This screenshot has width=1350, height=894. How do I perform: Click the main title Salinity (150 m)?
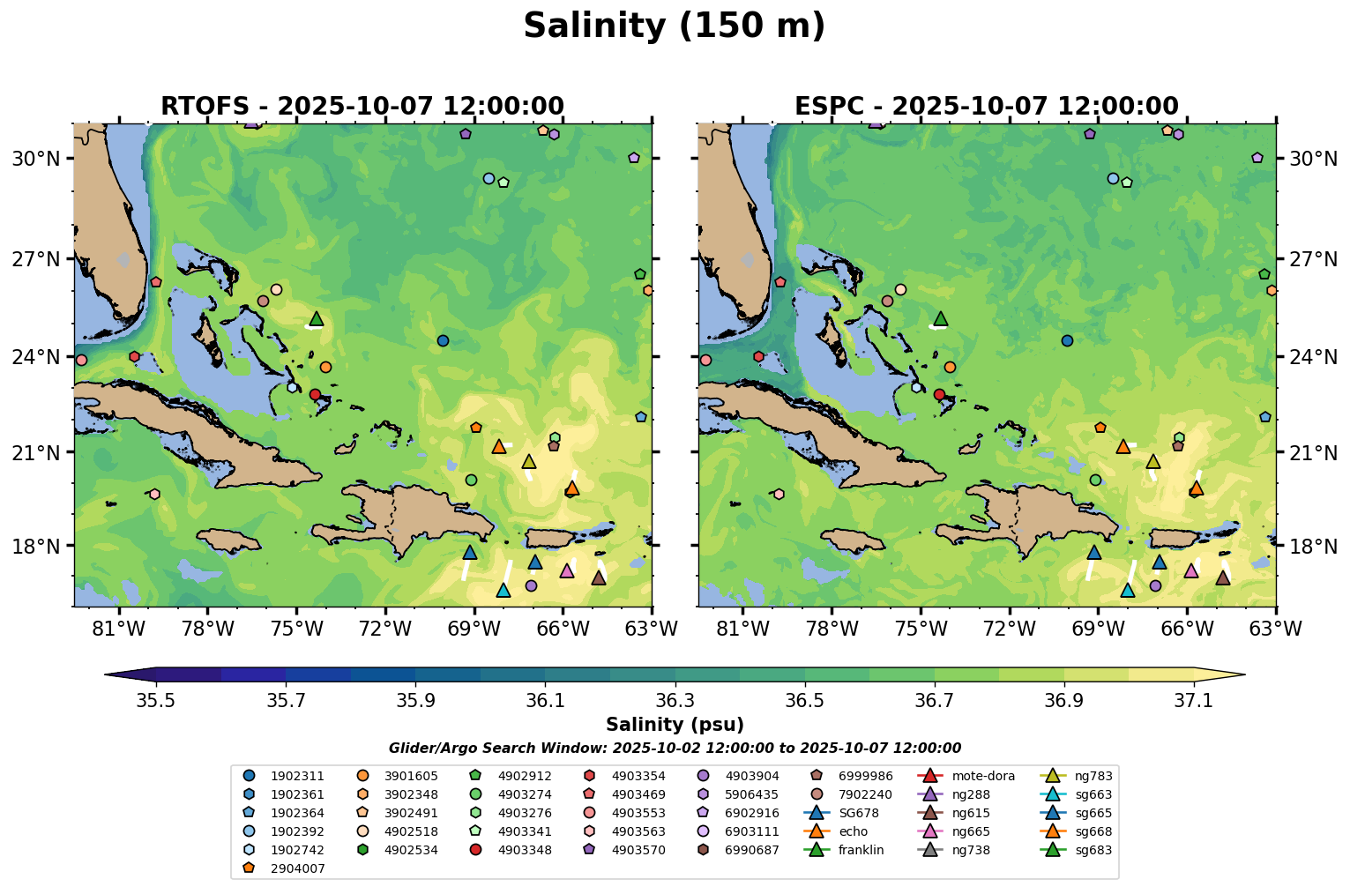674,26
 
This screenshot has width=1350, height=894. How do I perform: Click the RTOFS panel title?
362,107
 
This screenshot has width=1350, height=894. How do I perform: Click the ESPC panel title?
986,107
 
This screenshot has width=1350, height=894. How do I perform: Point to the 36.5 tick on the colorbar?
804,700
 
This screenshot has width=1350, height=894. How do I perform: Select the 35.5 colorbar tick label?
156,700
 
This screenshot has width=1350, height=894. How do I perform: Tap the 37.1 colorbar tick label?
1194,700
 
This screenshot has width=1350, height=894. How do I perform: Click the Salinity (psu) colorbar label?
675,725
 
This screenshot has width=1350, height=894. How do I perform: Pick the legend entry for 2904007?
297,868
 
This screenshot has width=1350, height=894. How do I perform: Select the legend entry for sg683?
1093,851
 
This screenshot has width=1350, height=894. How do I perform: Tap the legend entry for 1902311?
297,777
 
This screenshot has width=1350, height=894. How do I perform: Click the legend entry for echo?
853,831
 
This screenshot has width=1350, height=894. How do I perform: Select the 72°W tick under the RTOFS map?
385,629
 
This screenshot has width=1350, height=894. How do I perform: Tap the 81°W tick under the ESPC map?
742,629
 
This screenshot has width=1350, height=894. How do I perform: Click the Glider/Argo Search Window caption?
675,749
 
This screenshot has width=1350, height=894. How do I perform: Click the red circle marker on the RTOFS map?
315,394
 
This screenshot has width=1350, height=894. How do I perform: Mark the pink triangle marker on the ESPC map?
1191,571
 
